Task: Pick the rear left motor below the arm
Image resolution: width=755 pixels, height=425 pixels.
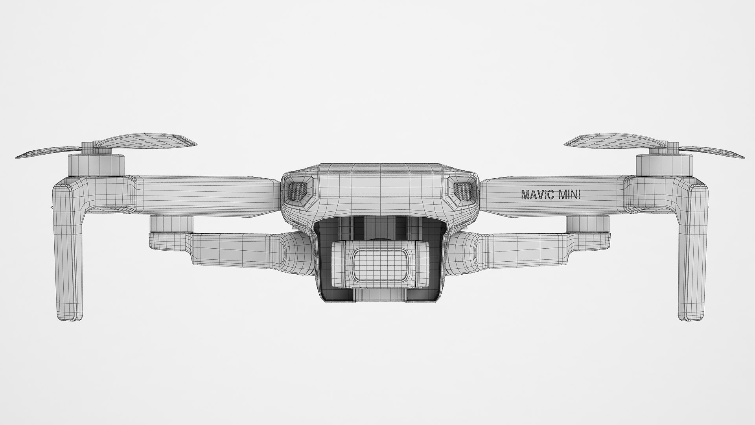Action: click(x=171, y=224)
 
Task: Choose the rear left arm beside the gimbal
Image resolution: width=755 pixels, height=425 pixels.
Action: click(x=236, y=248)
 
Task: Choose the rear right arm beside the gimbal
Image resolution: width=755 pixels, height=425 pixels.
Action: click(x=519, y=248)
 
